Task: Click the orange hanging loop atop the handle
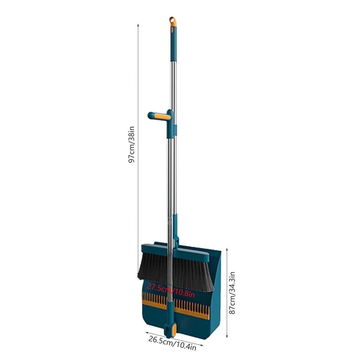tap(173, 21)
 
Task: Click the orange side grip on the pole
tap(161, 117)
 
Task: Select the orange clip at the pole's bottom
tap(169, 330)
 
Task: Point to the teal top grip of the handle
tap(173, 45)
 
